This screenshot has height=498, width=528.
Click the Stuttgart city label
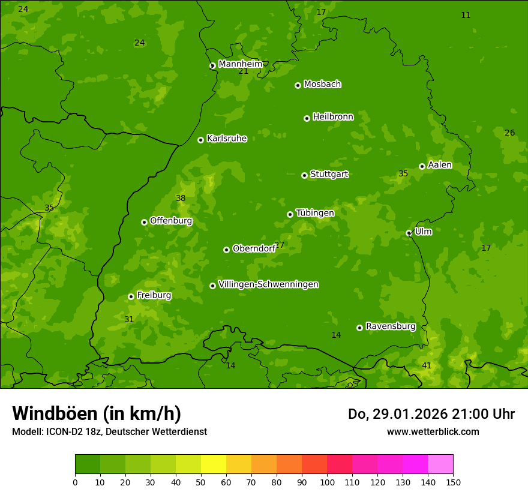coord(329,175)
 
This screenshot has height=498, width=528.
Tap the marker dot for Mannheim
coord(212,66)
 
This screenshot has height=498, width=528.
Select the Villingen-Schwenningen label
coord(268,284)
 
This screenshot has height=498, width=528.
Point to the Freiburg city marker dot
coord(131,296)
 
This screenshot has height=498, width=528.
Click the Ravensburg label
coord(391,326)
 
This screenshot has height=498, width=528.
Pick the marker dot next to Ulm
coord(409,233)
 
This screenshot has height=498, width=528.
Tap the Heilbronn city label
coord(333,117)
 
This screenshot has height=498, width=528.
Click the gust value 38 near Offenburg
coord(181,198)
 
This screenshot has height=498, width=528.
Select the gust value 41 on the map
coord(427,365)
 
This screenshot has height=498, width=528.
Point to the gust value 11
coord(466,15)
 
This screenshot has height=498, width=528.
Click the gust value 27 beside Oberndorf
coord(280,245)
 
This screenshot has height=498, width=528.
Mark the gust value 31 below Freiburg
coord(129,319)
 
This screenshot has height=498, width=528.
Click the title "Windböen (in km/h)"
coord(97,413)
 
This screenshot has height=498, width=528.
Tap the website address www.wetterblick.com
coord(433,431)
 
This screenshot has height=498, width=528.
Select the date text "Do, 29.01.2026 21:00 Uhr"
coord(431,414)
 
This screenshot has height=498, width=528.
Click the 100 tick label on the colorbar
coord(327,482)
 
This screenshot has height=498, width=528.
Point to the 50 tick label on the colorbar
coord(201,482)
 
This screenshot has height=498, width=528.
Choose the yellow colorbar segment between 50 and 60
coord(214,464)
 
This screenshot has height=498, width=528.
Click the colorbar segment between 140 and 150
coord(440,464)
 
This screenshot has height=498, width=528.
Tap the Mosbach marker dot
coord(298,85)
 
